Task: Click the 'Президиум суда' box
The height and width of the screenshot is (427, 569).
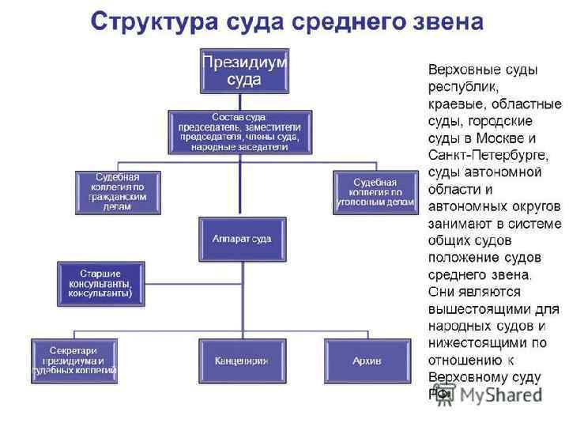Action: point(243,70)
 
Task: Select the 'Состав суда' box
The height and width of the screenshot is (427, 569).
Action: point(239,131)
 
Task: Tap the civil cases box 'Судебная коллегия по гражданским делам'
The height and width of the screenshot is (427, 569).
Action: point(117,192)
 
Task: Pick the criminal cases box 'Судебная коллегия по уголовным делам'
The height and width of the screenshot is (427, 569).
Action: point(375,192)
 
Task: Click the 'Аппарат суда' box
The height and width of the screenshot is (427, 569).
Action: point(241,238)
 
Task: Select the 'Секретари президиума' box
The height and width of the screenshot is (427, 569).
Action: point(74,360)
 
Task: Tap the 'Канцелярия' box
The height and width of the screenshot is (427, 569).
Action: point(240,361)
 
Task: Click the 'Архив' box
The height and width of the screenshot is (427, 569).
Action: point(367,361)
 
